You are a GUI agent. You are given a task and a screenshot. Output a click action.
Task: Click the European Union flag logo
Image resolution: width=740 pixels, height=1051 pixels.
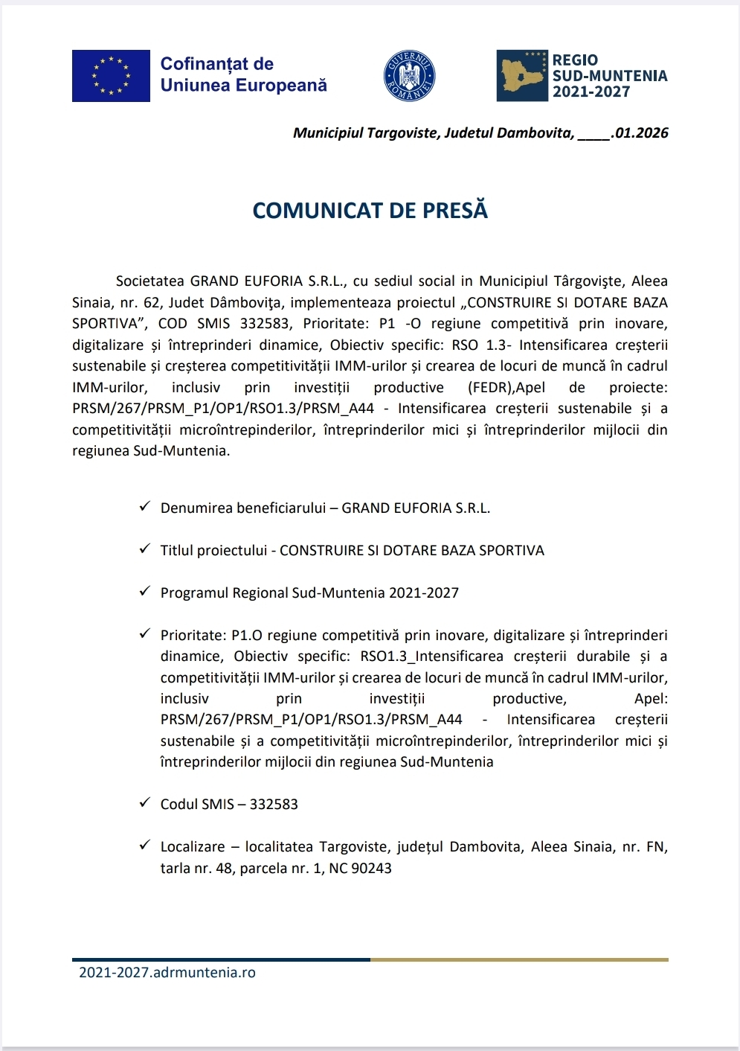(111, 76)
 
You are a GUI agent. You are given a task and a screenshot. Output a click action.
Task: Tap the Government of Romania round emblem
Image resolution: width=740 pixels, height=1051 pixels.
(409, 76)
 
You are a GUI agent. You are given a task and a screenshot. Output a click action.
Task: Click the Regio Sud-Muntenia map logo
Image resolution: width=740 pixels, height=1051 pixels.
(522, 76)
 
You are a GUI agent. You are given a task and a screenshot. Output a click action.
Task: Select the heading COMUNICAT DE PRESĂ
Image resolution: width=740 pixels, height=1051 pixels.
(370, 211)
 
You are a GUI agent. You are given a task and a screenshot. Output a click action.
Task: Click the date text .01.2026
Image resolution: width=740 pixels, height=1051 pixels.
(640, 133)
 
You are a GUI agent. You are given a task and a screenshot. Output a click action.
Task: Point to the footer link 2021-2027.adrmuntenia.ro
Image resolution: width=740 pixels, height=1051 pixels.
(167, 972)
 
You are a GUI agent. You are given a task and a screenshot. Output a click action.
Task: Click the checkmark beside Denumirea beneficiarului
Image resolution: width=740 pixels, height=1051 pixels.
(145, 507)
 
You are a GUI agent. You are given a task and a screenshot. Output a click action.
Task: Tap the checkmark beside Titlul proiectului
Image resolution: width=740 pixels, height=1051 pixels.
(145, 549)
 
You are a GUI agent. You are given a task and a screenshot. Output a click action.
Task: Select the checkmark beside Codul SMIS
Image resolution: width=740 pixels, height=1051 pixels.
(145, 803)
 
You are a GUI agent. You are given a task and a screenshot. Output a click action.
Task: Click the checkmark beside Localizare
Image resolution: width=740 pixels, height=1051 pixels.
(145, 846)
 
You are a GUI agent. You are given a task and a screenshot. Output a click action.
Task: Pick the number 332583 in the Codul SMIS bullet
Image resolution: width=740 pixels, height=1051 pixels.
(274, 805)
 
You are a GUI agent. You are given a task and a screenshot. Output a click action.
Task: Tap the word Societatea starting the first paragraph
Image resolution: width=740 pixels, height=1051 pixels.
(149, 281)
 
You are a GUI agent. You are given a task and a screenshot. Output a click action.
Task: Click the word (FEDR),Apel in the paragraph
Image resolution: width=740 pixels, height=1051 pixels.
(506, 388)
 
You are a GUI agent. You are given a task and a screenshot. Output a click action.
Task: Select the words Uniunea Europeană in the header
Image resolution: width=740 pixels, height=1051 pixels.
(243, 86)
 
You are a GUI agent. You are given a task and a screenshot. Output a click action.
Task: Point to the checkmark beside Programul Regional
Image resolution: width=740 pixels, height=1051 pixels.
(145, 592)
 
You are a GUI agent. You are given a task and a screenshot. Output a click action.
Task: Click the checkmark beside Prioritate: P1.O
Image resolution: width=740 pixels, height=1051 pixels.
(145, 634)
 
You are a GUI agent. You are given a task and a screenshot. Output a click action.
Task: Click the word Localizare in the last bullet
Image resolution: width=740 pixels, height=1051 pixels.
(193, 847)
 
